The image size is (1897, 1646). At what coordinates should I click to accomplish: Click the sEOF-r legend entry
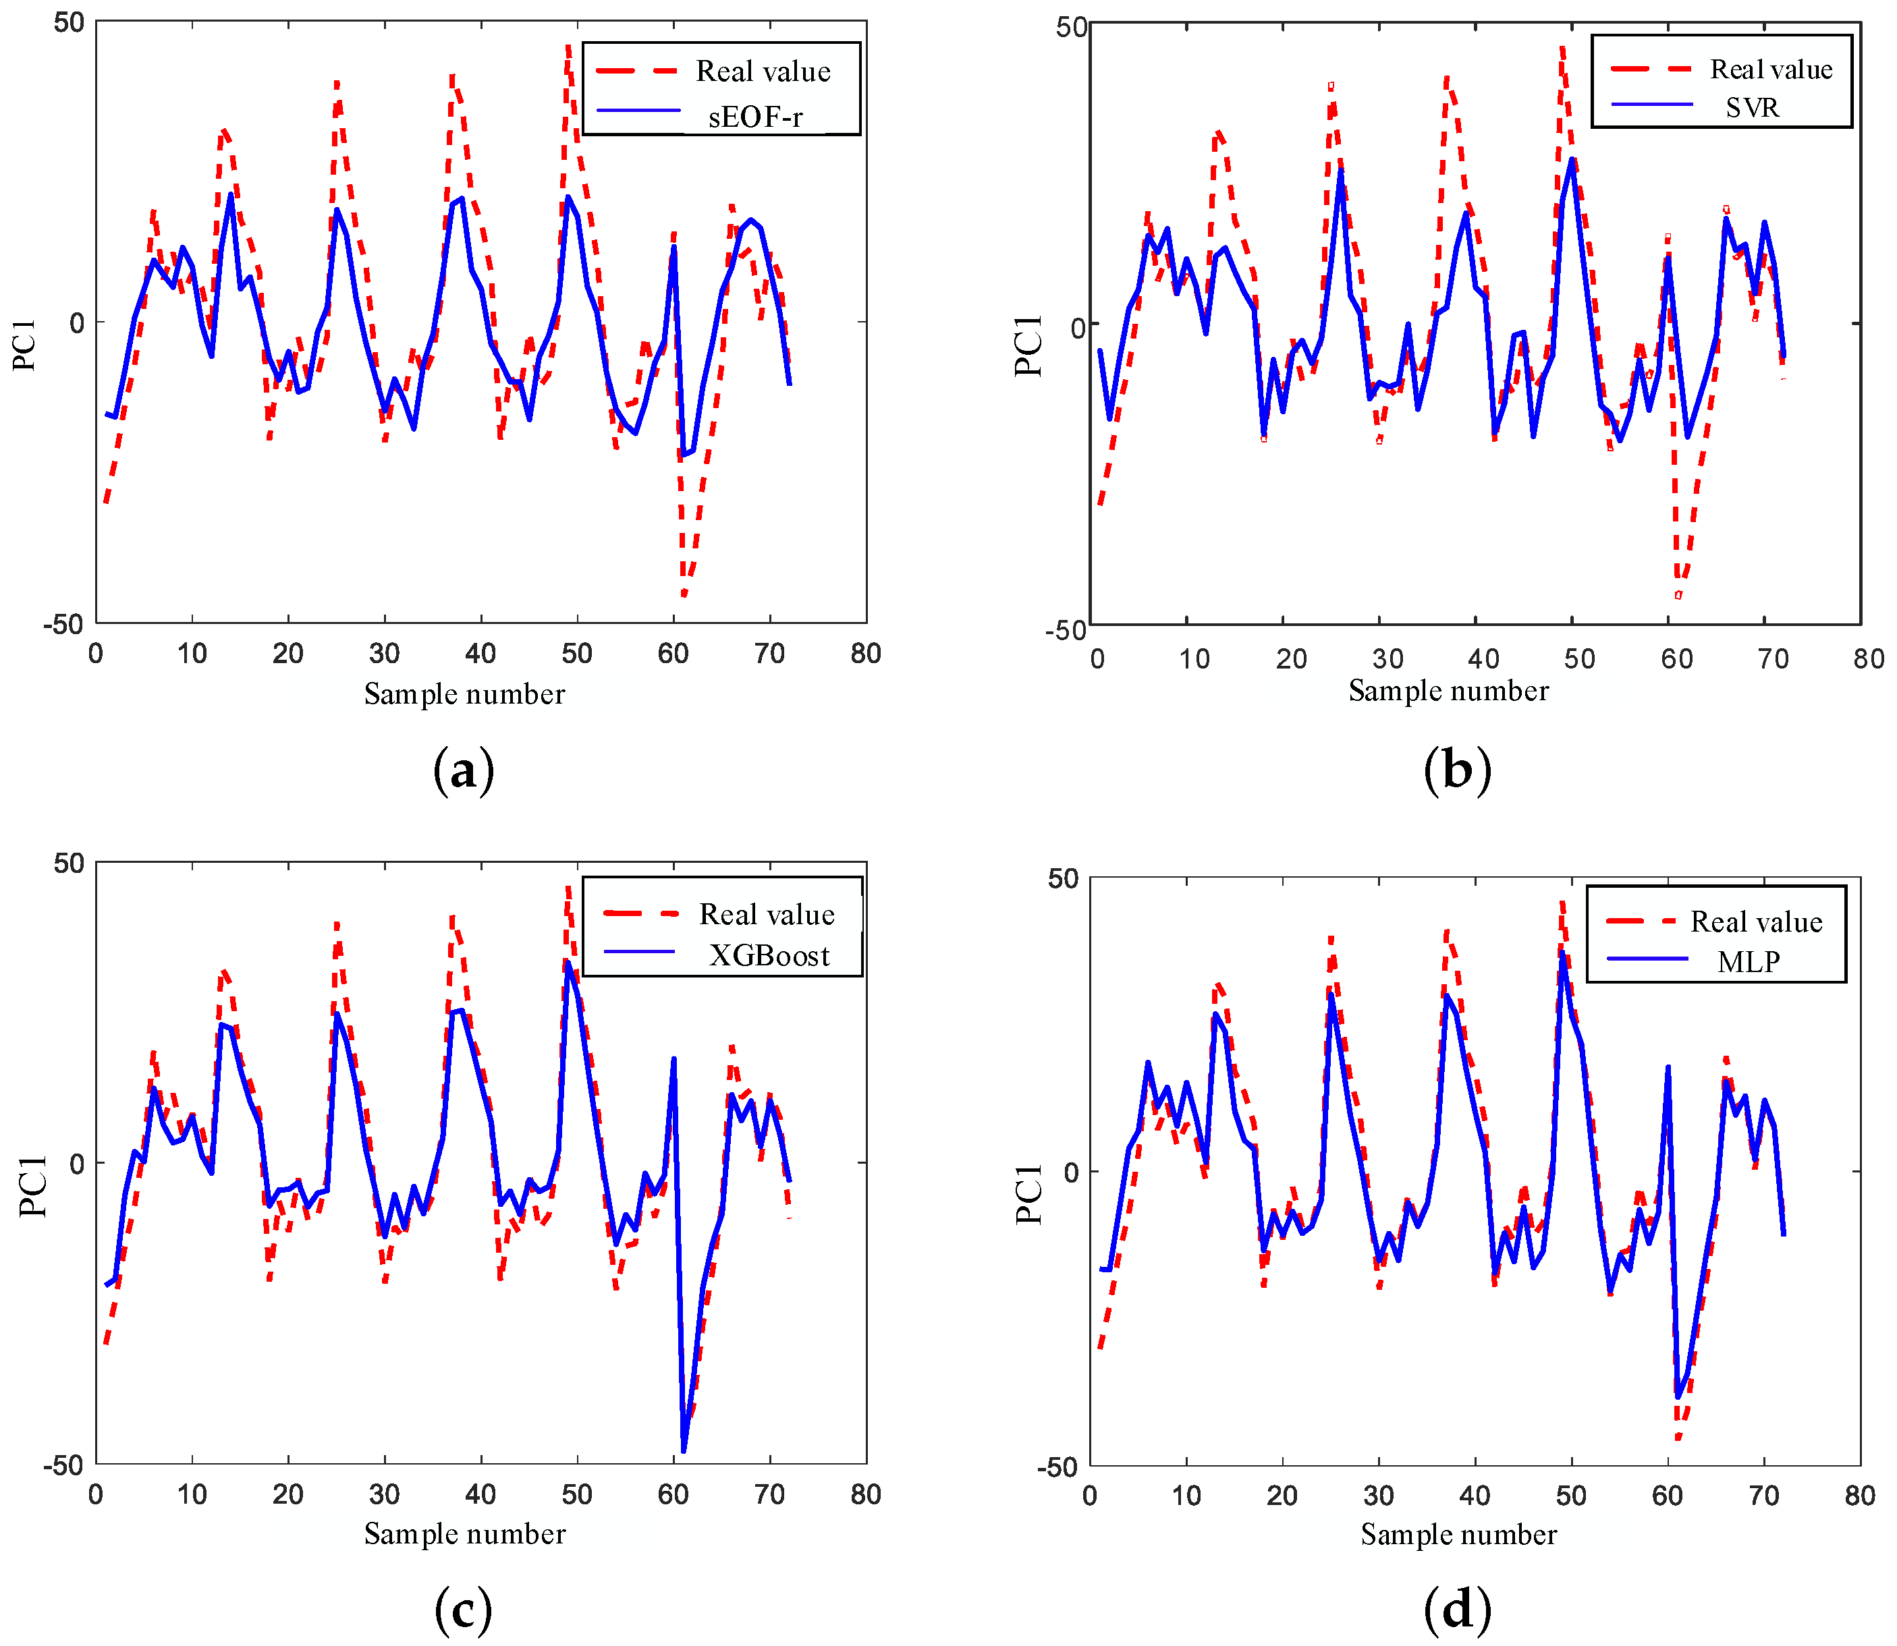(x=755, y=117)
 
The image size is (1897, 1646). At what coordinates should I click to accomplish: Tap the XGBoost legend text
(x=769, y=956)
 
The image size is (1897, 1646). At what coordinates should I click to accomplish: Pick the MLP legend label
(x=1748, y=962)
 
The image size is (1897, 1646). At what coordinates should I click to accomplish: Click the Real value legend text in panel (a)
(x=763, y=72)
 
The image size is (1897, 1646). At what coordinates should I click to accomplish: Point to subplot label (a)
(x=463, y=770)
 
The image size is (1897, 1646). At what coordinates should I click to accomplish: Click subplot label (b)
(x=1457, y=770)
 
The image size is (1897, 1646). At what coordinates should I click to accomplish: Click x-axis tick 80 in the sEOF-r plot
(x=865, y=654)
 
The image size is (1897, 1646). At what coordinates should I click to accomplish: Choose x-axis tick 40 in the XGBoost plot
(x=480, y=1494)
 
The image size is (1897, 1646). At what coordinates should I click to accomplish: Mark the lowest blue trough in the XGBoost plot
(x=684, y=1451)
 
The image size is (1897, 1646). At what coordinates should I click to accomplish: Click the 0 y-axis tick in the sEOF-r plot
(x=76, y=322)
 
